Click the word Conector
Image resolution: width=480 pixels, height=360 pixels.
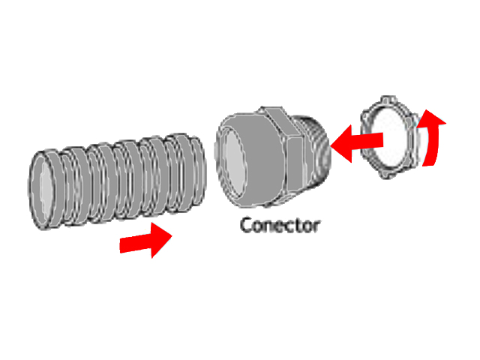click(x=280, y=224)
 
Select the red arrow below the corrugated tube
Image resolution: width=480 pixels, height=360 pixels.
click(x=147, y=241)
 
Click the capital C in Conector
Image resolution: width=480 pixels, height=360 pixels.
click(x=245, y=224)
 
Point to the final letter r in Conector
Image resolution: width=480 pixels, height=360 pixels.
click(x=316, y=225)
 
